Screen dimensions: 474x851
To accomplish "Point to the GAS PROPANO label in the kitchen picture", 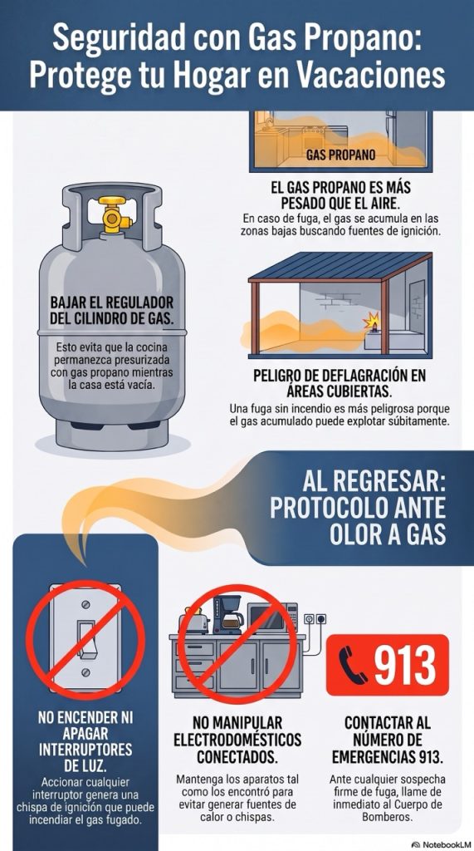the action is [340, 155].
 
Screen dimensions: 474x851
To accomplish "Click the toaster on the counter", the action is [194, 621].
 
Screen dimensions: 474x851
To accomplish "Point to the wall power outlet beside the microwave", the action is [315, 618].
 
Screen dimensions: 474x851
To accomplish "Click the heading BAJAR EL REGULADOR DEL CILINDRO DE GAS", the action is [112, 311].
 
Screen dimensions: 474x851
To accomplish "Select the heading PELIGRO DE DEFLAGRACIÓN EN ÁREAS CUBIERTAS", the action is [340, 383].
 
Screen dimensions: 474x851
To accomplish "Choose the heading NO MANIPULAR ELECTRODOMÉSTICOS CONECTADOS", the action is [237, 739].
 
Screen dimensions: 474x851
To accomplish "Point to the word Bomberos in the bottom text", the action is [387, 816].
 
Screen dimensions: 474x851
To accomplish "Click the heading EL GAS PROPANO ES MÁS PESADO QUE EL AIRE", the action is [340, 196].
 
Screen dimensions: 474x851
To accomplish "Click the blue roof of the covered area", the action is [340, 267].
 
